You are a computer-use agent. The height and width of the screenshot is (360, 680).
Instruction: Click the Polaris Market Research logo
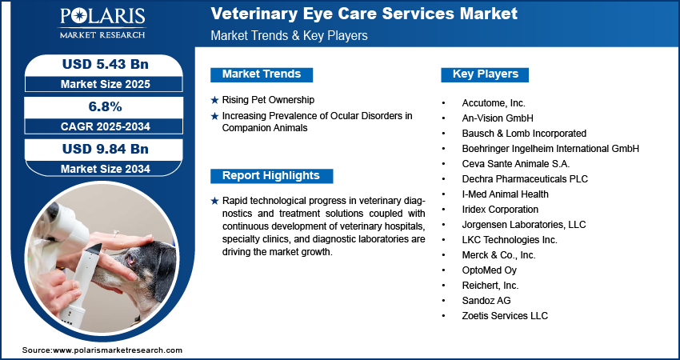pyautogui.click(x=102, y=23)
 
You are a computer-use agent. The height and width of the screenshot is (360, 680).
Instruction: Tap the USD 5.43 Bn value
pyautogui.click(x=106, y=65)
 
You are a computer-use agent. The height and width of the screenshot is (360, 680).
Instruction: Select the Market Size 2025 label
pyautogui.click(x=106, y=84)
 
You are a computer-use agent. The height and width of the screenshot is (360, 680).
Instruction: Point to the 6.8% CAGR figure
pyautogui.click(x=106, y=106)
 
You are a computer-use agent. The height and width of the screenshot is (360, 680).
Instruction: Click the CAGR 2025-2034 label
pyautogui.click(x=106, y=126)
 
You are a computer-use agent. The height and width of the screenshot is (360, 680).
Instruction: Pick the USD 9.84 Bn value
pyautogui.click(x=106, y=150)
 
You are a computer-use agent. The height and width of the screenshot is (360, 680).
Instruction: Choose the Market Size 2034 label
pyautogui.click(x=106, y=169)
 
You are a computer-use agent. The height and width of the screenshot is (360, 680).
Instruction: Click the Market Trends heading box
pyautogui.click(x=262, y=74)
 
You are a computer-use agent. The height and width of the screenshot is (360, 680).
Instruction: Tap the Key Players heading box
pyautogui.click(x=485, y=74)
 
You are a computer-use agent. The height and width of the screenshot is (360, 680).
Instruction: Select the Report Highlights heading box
pyautogui.click(x=271, y=176)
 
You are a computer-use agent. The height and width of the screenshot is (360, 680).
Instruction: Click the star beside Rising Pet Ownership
pyautogui.click(x=214, y=101)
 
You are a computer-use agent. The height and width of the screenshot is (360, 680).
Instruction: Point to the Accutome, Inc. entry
pyautogui.click(x=494, y=103)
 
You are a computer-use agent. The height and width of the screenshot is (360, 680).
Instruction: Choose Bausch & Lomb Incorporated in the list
pyautogui.click(x=524, y=134)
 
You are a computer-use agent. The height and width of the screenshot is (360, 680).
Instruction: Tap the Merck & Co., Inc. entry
pyautogui.click(x=498, y=255)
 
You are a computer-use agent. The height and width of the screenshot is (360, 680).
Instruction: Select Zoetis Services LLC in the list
pyautogui.click(x=505, y=316)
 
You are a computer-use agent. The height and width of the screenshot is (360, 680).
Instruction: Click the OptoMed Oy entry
pyautogui.click(x=489, y=270)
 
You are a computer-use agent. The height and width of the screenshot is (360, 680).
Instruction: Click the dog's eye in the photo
pyautogui.click(x=130, y=260)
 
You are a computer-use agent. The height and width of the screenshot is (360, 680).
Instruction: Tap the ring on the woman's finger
pyautogui.click(x=116, y=233)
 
